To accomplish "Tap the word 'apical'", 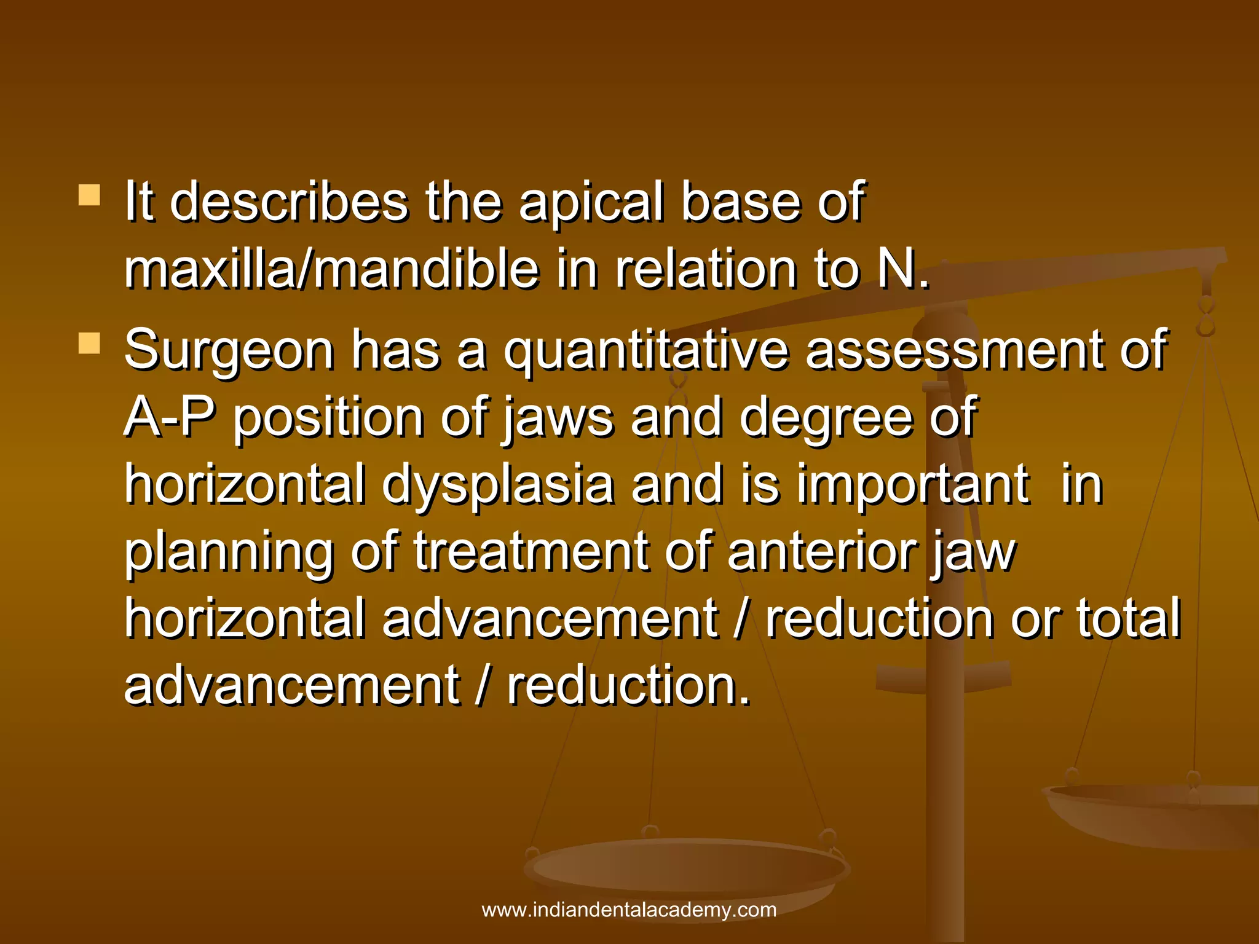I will coord(591,203).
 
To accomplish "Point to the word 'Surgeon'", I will coord(229,350).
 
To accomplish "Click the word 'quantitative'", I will coord(646,350).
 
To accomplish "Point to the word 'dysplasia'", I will coord(498,486).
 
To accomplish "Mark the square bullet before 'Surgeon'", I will coord(89,344).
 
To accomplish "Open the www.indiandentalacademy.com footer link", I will coord(629,910).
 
